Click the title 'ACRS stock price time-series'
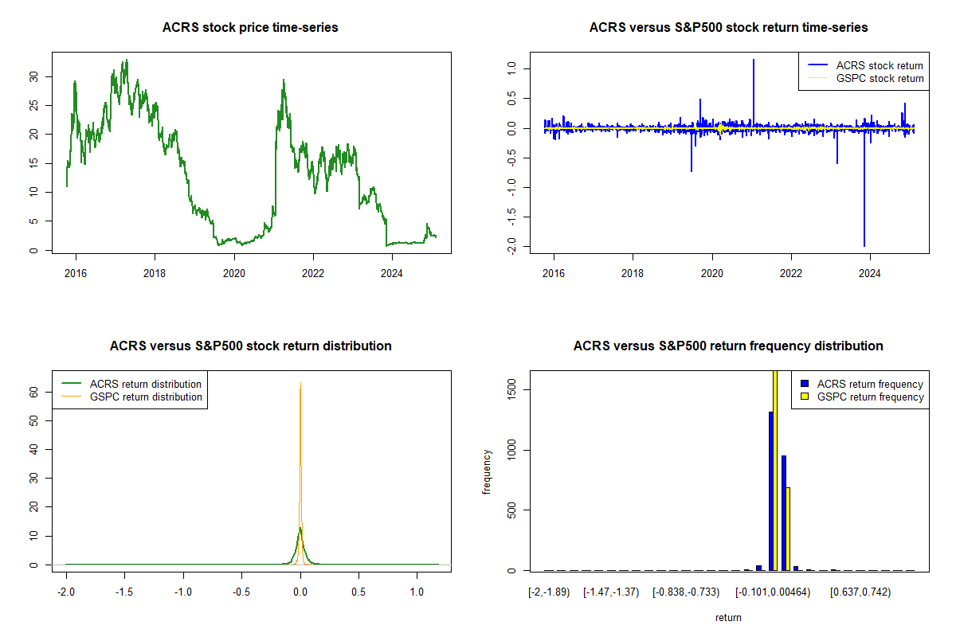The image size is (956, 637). [250, 28]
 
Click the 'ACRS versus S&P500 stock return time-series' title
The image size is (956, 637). [728, 28]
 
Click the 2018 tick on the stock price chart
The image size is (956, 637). [155, 274]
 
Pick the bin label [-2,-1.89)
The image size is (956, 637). [549, 592]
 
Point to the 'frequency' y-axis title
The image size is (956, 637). [487, 471]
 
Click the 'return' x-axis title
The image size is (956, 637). [728, 617]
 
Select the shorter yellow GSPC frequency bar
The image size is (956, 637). [789, 530]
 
